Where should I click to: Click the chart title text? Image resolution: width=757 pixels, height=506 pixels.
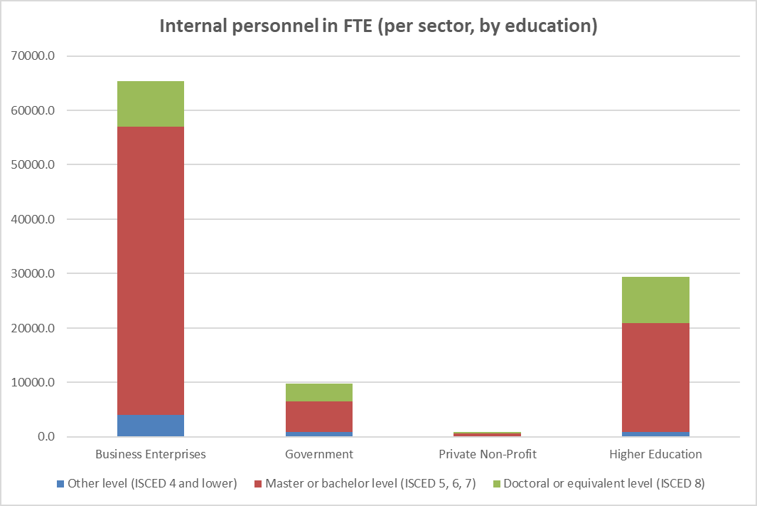pos(378,26)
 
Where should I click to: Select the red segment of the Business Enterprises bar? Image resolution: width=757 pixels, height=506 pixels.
pos(151,270)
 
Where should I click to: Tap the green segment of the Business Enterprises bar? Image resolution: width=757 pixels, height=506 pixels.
pos(151,104)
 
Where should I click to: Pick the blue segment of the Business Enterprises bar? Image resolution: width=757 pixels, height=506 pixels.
pos(151,426)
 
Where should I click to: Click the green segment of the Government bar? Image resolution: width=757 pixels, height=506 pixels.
pos(319,392)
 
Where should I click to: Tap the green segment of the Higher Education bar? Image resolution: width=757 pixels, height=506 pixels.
pos(655,300)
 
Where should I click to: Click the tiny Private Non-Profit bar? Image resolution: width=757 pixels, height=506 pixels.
pos(487,433)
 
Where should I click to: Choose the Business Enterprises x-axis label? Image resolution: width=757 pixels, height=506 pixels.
pos(151,454)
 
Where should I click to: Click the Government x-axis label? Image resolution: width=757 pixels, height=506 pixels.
pos(319,454)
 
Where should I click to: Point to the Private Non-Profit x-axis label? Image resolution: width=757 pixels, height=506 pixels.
pos(487,454)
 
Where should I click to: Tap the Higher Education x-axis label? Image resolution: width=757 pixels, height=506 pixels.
pos(655,454)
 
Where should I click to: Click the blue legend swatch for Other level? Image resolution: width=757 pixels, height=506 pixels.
pos(60,484)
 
